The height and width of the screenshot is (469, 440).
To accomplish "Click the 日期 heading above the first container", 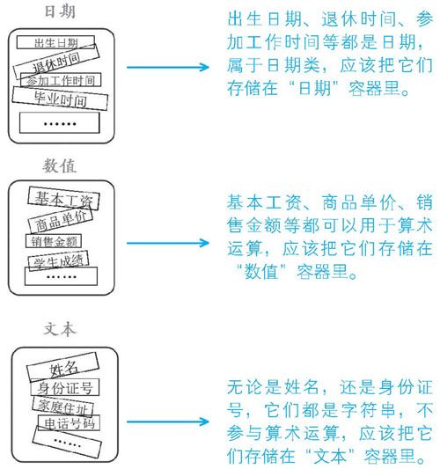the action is click(x=60, y=12).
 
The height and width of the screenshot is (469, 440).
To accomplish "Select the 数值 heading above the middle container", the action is click(x=60, y=165).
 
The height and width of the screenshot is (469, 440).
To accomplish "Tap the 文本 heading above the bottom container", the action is click(x=60, y=329).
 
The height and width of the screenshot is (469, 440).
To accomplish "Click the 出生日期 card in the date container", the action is click(x=55, y=42).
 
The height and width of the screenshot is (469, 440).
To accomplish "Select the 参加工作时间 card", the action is click(x=61, y=80).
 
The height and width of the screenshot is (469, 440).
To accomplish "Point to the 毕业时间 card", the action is click(x=60, y=99).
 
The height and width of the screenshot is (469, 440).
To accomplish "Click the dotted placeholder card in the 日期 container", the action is click(x=60, y=123).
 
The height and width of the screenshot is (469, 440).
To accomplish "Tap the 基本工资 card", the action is click(x=63, y=199).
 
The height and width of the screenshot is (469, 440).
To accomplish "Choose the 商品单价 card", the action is click(x=61, y=220).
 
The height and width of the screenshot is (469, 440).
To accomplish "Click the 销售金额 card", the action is click(x=54, y=241).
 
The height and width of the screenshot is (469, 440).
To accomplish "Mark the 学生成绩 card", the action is click(x=58, y=260).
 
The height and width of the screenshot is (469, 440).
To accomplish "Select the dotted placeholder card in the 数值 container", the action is click(x=61, y=276).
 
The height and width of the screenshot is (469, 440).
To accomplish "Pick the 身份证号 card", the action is click(x=65, y=388).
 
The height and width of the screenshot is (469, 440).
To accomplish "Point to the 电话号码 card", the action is click(x=70, y=423).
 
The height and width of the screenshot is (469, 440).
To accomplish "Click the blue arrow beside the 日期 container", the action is click(x=168, y=67).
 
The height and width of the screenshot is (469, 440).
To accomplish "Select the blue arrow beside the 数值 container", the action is click(x=168, y=243).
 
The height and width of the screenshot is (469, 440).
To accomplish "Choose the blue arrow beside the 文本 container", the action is click(x=168, y=421).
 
